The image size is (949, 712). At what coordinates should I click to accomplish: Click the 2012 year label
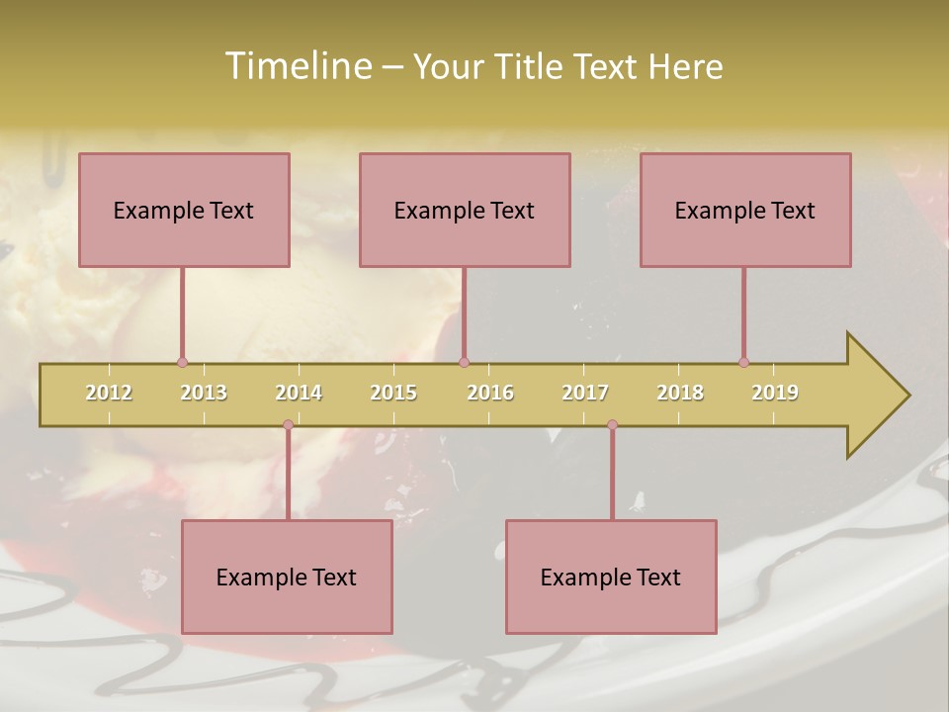[109, 393]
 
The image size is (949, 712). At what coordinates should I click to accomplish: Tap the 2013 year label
[204, 393]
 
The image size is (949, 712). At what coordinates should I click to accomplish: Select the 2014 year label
[299, 393]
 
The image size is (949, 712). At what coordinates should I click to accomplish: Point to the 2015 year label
[393, 393]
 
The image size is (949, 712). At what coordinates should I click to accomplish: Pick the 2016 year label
[490, 393]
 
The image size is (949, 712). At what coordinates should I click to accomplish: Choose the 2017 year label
[585, 393]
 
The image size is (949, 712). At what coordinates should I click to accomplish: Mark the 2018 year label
[680, 393]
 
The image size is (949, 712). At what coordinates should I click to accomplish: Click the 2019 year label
[775, 393]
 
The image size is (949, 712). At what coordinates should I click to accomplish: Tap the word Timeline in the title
[298, 66]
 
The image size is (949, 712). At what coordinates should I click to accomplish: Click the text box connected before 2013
[184, 210]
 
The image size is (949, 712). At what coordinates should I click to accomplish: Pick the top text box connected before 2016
[465, 210]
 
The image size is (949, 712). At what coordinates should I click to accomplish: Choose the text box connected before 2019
[745, 210]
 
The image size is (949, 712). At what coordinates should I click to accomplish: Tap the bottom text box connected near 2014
[287, 577]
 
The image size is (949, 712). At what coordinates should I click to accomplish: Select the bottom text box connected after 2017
[611, 577]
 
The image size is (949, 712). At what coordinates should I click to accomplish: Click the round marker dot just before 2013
[182, 363]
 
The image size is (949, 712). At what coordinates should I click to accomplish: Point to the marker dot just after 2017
[612, 425]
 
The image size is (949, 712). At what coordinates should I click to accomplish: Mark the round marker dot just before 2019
[743, 363]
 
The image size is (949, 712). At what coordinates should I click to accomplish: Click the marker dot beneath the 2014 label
[288, 425]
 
